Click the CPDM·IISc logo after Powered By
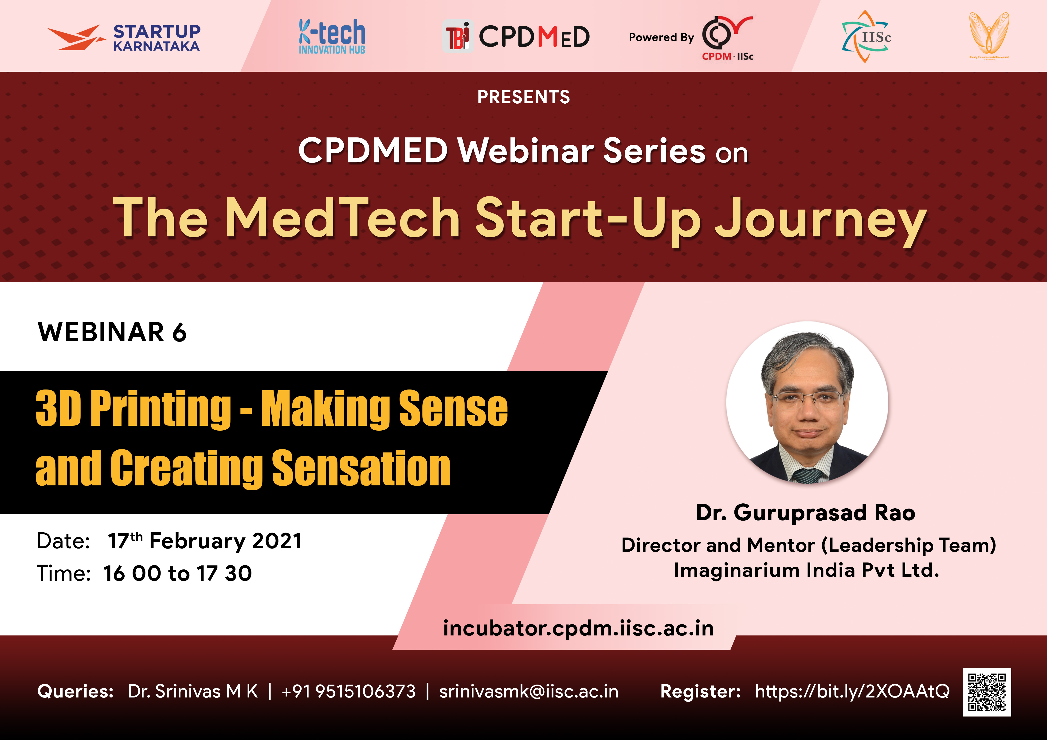(727, 38)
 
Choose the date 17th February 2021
(205, 541)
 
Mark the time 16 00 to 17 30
(177, 573)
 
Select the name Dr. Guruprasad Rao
(805, 513)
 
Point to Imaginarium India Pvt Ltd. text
(806, 570)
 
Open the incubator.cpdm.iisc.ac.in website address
(578, 628)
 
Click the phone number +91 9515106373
(349, 691)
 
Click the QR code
(987, 692)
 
